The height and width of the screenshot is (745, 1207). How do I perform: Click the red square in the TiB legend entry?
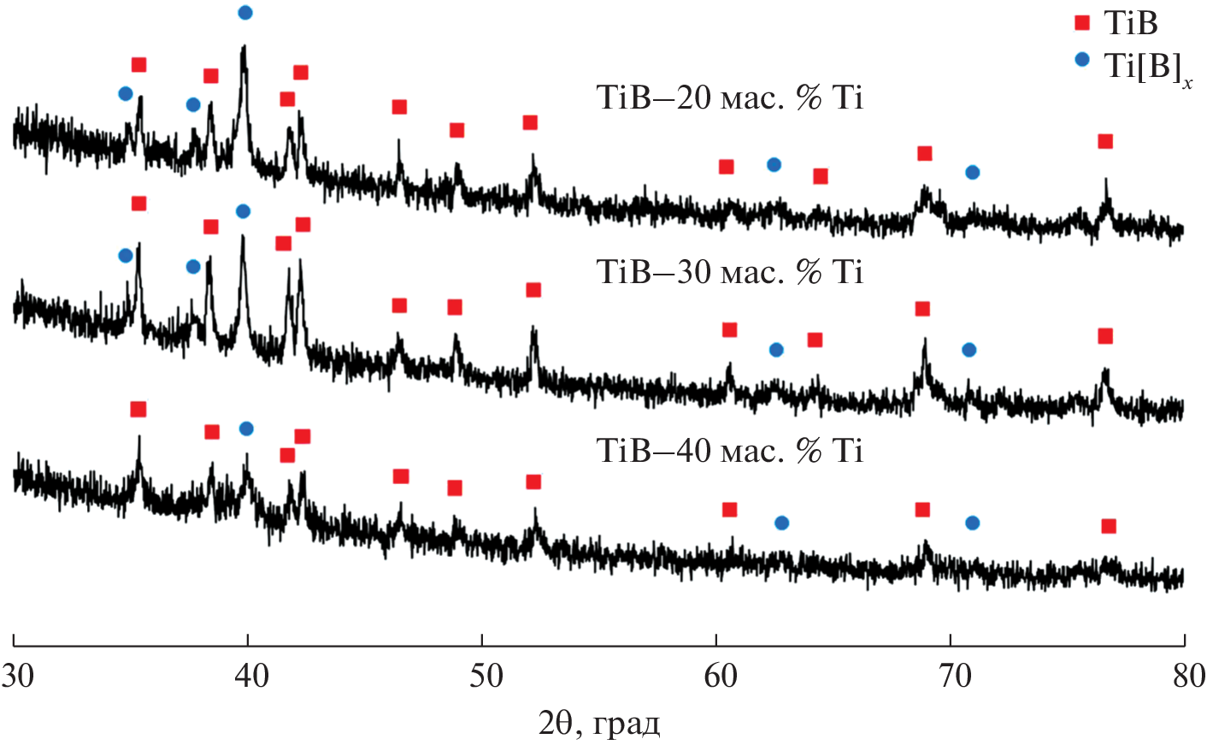point(1082,23)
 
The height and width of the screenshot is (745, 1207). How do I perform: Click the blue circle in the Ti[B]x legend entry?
point(1082,60)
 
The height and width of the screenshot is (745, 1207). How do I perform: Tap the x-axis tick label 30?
point(17,676)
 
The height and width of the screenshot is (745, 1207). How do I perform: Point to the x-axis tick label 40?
point(251,676)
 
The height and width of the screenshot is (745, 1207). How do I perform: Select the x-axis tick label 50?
point(486,676)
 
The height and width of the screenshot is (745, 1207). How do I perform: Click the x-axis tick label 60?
point(720,676)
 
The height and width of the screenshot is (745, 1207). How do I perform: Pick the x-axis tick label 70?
point(955,676)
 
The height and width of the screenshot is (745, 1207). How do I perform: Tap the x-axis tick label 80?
point(1188,676)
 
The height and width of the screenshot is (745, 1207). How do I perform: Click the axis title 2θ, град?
point(599,724)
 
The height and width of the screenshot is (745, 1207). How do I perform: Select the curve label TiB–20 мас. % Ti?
point(729,98)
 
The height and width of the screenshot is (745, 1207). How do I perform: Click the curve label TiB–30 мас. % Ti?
point(729,272)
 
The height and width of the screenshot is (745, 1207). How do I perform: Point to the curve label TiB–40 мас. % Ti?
point(729,450)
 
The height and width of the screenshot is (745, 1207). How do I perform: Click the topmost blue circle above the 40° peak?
point(245,12)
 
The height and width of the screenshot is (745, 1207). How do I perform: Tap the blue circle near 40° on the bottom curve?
point(246,429)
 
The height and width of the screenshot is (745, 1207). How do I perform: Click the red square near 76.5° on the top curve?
point(1105,141)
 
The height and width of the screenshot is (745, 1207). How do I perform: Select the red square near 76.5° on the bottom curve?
point(1109,526)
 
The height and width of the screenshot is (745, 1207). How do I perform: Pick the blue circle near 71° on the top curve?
point(972,173)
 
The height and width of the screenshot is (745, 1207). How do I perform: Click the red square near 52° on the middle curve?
point(533,290)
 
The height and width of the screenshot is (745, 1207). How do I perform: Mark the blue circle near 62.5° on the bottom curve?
point(781,523)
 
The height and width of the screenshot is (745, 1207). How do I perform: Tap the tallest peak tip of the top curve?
point(244,48)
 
